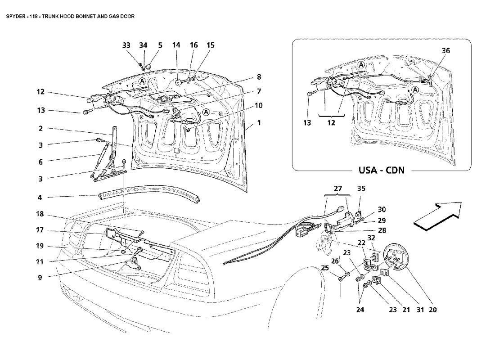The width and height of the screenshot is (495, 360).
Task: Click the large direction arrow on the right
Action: click(437, 216)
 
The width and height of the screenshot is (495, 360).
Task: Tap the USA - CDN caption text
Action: click(381, 170)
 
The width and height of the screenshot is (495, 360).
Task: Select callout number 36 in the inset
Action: click(446, 50)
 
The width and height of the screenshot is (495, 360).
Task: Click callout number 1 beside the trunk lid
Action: click(259, 122)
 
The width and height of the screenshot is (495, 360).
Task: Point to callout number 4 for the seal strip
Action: click(40, 198)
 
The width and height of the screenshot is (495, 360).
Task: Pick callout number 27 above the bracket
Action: click(338, 189)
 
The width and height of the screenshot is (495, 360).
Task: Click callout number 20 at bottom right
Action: click(433, 310)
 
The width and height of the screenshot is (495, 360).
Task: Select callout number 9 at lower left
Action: click(40, 278)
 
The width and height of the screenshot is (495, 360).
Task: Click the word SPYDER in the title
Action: click(15, 16)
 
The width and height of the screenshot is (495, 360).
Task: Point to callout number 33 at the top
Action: click(126, 45)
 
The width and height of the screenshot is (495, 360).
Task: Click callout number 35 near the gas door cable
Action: click(361, 189)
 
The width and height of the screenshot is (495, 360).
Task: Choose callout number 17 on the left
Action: click(40, 230)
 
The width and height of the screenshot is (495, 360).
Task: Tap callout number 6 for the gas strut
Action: click(40, 162)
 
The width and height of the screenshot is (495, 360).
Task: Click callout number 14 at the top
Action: click(176, 45)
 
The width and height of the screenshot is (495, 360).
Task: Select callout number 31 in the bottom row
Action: click(420, 310)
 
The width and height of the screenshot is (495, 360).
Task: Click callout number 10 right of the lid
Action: click(259, 105)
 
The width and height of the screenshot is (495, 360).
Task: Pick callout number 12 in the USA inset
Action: click(331, 122)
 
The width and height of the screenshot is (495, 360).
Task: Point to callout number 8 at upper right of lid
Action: click(259, 77)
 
